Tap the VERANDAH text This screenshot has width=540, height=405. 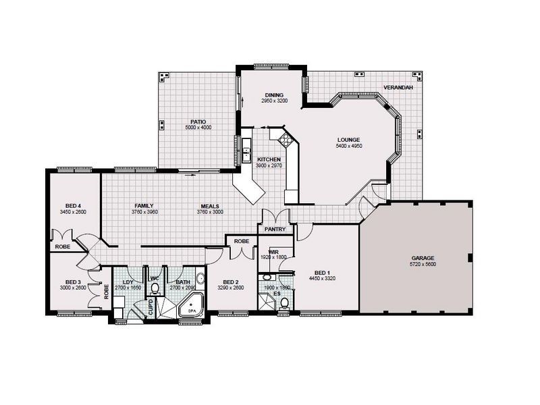[397, 88]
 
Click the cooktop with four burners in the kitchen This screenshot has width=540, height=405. [285, 140]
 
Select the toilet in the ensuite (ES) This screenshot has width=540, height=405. [284, 302]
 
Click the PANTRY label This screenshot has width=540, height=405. [275, 230]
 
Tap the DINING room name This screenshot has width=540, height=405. [274, 94]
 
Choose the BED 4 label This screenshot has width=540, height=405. [74, 205]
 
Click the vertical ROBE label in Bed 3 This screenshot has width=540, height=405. [107, 292]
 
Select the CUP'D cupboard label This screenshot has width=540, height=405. [151, 308]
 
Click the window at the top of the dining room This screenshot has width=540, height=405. [272, 66]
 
